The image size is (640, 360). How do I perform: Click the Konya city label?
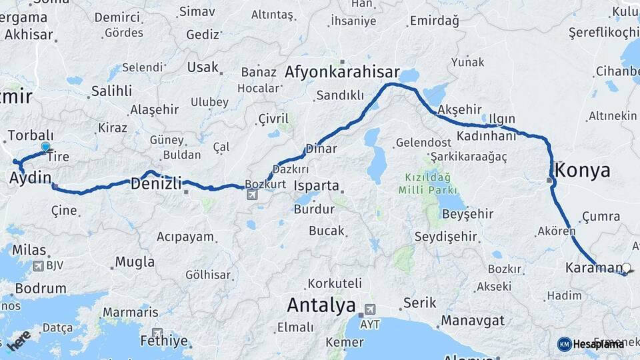point(583,170)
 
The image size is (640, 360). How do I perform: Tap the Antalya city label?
point(321,306)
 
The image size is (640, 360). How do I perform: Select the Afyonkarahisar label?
point(342,72)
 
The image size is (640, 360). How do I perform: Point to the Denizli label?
point(156,183)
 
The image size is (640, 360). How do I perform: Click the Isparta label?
point(317,186)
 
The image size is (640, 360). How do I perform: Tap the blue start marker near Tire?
point(45,147)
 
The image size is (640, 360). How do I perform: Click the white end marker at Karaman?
point(625,268)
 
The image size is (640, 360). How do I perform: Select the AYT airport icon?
point(369,311)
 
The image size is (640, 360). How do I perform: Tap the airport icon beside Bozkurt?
point(252,195)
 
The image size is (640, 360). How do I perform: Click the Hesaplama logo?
point(591,344)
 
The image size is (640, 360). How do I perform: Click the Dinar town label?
point(321,149)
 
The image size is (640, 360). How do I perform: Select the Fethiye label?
point(164,341)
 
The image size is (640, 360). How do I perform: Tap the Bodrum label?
point(41,289)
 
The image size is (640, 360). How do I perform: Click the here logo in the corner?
point(18,340)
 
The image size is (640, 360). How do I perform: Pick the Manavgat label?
point(472,321)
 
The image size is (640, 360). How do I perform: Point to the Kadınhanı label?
point(487,135)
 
